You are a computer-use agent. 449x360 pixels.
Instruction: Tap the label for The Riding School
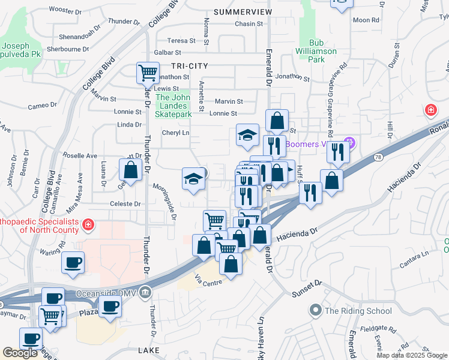click(358, 311)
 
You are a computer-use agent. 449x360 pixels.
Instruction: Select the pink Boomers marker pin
click(351, 144)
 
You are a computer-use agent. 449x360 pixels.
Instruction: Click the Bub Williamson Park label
click(316, 51)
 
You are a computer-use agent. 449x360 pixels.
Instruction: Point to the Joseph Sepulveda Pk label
click(24, 50)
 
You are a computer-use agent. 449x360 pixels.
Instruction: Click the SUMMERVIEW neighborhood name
click(243, 12)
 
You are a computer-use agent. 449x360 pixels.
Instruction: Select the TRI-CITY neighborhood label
click(189, 66)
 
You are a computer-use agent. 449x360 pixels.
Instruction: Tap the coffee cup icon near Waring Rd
click(73, 262)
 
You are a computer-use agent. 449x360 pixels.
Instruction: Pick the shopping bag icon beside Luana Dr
click(130, 170)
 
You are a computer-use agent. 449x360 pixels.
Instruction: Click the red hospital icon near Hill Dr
click(430, 110)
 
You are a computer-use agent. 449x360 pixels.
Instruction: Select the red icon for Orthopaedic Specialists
click(88, 224)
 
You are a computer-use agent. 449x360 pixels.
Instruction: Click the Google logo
click(20, 353)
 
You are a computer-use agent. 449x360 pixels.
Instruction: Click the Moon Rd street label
click(366, 20)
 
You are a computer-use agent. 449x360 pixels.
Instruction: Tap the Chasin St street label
click(246, 24)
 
